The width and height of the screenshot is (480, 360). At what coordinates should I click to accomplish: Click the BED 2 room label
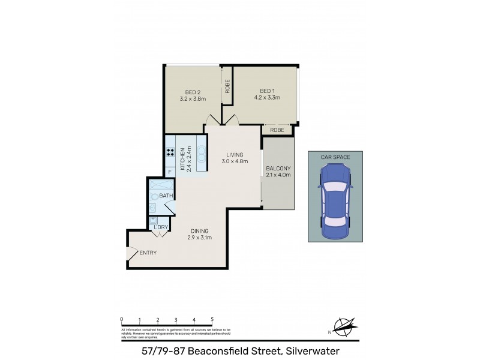pos(189,92)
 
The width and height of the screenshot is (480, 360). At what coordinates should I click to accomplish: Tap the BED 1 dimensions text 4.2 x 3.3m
pos(267,97)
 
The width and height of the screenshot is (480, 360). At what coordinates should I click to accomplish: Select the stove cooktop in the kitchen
pos(170,152)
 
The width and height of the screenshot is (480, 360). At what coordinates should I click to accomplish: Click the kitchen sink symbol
pos(202,154)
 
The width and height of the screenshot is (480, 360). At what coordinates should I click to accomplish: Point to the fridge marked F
pos(170,172)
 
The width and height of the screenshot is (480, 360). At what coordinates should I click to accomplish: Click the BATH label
pos(166,196)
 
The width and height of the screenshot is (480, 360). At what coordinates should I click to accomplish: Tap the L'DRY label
pos(160,226)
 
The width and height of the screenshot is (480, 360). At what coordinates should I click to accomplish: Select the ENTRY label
pos(148,253)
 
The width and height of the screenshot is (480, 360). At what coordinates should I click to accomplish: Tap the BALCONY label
pos(278,168)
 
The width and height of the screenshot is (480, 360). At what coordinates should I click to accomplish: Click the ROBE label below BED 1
pos(277,130)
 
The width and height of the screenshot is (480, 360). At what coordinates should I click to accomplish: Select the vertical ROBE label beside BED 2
pos(227,87)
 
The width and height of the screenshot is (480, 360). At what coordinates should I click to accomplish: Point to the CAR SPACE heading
pos(335,157)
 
